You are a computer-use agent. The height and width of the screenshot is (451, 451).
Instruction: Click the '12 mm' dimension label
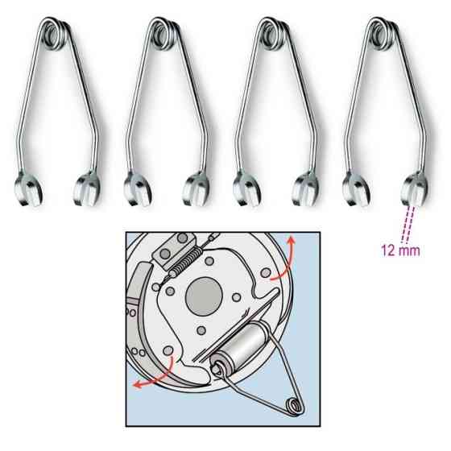(x=400, y=250)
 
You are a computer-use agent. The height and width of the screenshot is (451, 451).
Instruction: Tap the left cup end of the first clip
(x=28, y=189)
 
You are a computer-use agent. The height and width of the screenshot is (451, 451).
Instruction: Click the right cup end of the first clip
(x=87, y=189)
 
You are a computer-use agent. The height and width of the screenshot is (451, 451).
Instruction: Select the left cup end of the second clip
(x=138, y=189)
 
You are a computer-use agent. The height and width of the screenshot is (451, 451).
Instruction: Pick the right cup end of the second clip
(x=197, y=189)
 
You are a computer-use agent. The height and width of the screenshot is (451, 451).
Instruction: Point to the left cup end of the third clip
(x=246, y=189)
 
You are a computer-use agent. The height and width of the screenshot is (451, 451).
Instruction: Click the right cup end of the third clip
(x=305, y=189)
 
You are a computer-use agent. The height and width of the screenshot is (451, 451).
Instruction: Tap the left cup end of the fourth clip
(x=356, y=189)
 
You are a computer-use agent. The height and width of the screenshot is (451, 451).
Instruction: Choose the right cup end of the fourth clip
(x=415, y=189)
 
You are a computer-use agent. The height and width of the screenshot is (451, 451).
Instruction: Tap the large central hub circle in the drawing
(x=204, y=296)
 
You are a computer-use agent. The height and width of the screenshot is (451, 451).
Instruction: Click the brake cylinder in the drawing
(x=241, y=347)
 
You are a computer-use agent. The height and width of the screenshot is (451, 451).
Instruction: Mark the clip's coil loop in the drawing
(x=295, y=406)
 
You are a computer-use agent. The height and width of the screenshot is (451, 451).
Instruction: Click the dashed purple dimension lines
(x=408, y=225)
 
